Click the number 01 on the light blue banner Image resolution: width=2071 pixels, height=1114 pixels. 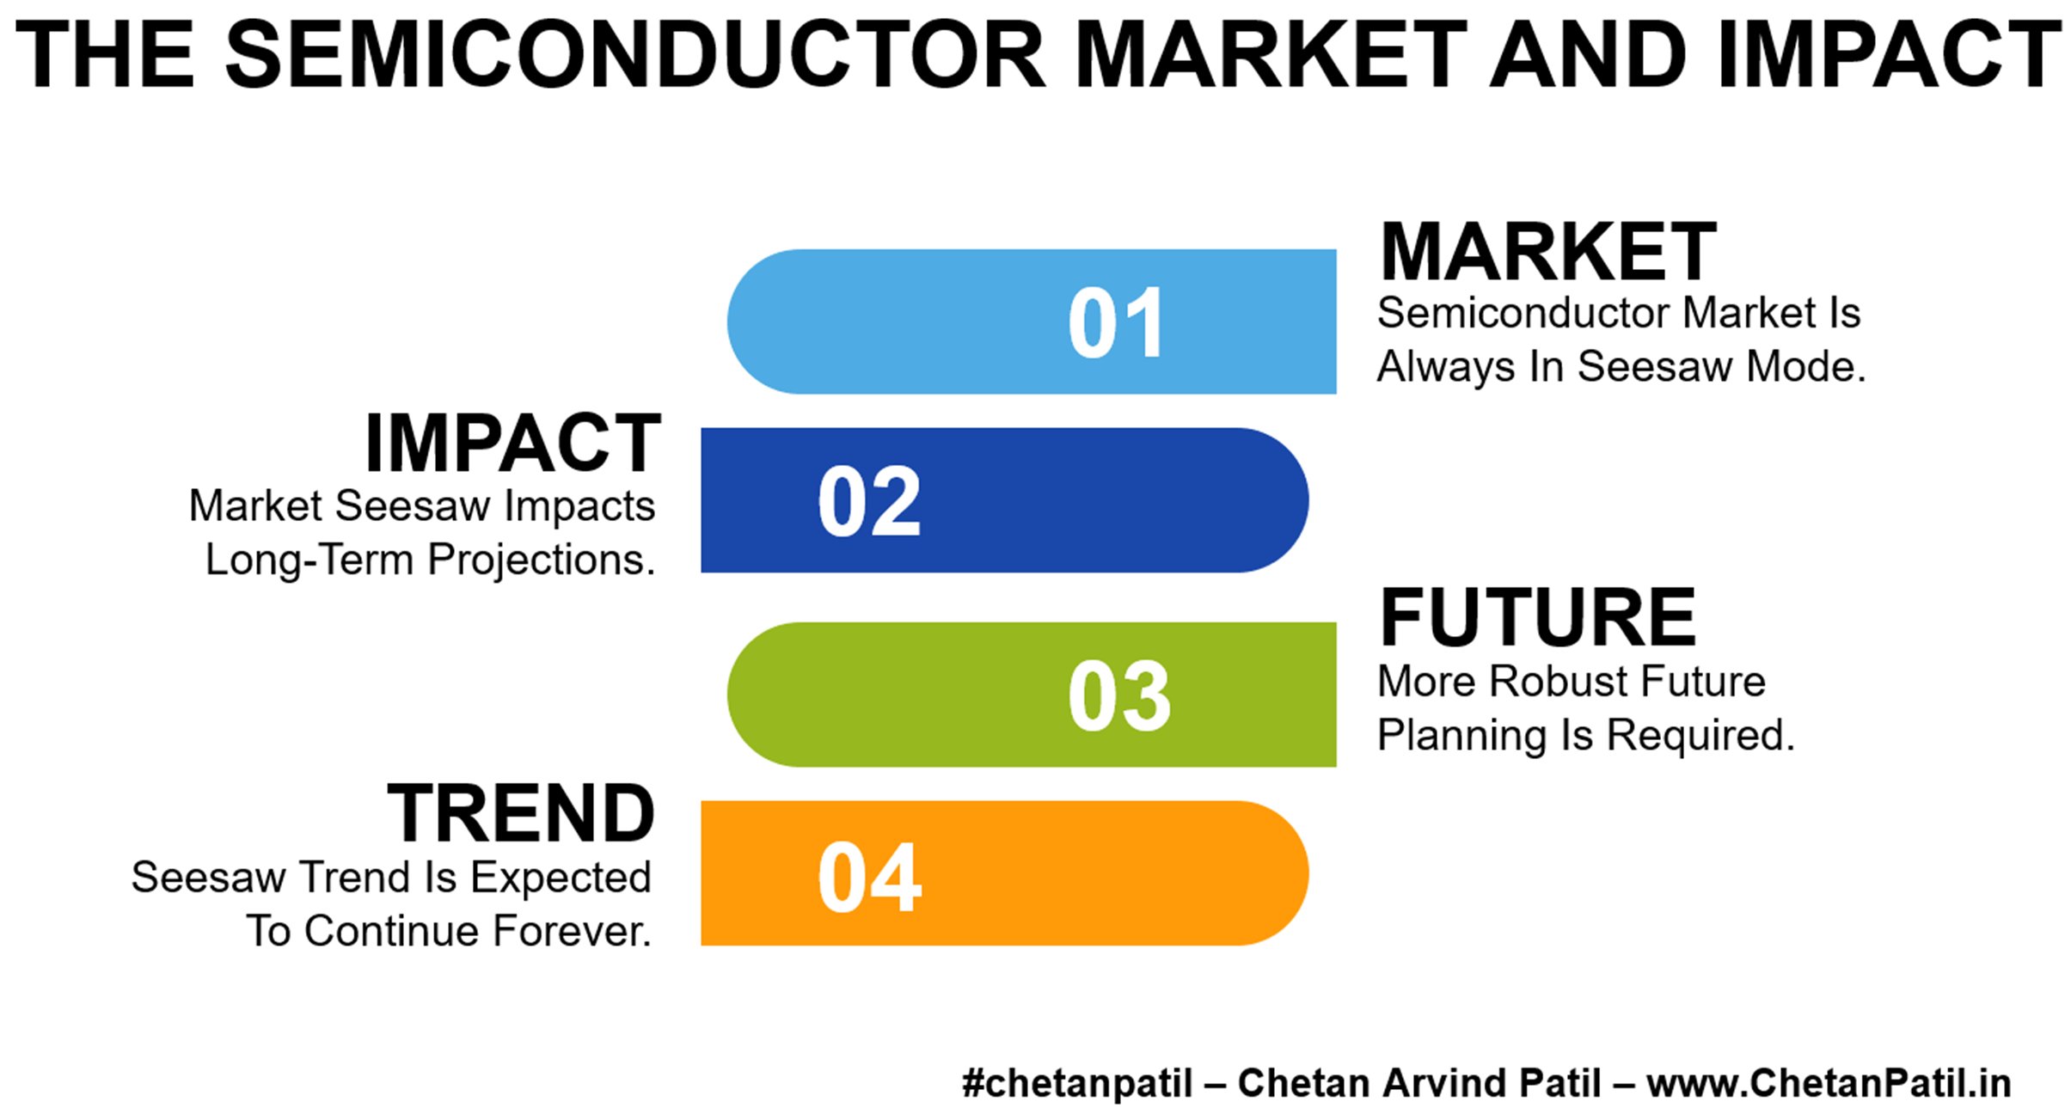pyautogui.click(x=1116, y=323)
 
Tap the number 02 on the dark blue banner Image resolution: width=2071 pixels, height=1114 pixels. pyautogui.click(x=869, y=502)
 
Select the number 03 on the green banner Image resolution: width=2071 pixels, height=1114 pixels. pyautogui.click(x=1119, y=696)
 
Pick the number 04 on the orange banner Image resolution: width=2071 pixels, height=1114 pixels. pyautogui.click(x=869, y=877)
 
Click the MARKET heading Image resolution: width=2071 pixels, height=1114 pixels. pyautogui.click(x=1548, y=251)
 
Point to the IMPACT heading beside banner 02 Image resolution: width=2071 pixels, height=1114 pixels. pyautogui.click(x=513, y=444)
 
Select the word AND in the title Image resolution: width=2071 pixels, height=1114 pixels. pyautogui.click(x=1588, y=54)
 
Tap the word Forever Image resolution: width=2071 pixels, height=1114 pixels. pyautogui.click(x=572, y=931)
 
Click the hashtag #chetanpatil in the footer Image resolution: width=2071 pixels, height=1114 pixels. pyautogui.click(x=1077, y=1083)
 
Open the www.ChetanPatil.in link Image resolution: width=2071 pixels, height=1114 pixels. pyautogui.click(x=1829, y=1083)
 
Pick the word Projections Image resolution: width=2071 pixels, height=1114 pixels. pyautogui.click(x=542, y=560)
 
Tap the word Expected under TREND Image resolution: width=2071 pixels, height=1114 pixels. pyautogui.click(x=561, y=878)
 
